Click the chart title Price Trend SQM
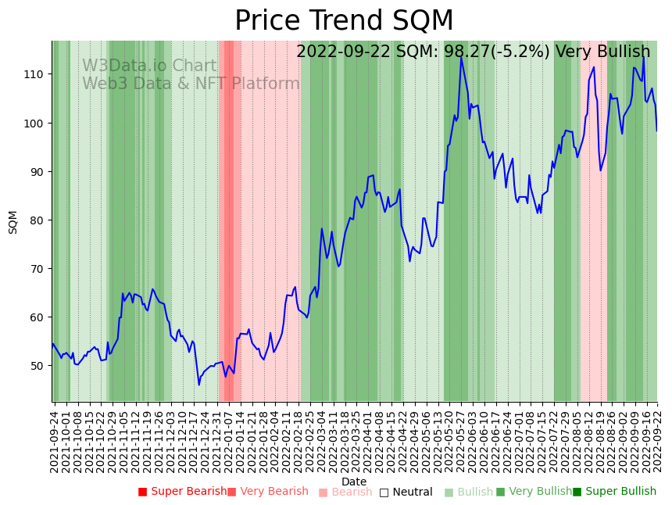tap(344, 21)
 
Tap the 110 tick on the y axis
tap(37, 74)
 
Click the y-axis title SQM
tap(13, 221)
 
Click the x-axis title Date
tap(354, 482)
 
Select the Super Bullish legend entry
tap(614, 492)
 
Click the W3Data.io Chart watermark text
tap(149, 66)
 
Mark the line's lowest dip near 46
tap(198, 384)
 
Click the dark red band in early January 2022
tap(229, 219)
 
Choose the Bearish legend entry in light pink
tap(345, 492)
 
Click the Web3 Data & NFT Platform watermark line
tap(191, 84)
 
